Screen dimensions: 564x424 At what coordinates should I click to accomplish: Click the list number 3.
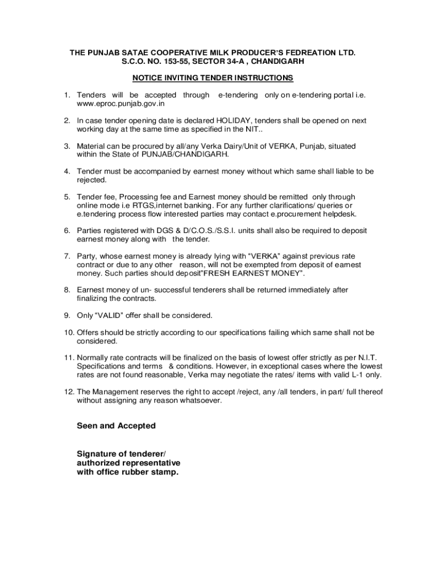click(x=66, y=146)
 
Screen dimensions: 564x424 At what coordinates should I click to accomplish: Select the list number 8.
click(x=66, y=290)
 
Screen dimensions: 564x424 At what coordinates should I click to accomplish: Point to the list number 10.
click(x=68, y=332)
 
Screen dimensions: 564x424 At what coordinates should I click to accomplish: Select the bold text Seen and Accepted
click(x=116, y=426)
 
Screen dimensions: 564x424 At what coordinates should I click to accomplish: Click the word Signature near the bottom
click(x=97, y=453)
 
